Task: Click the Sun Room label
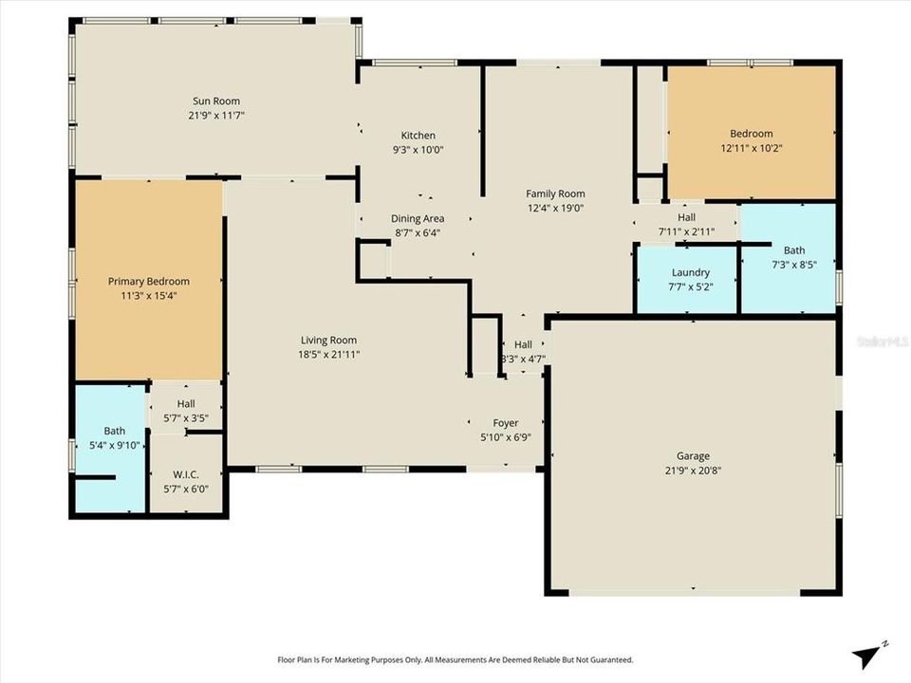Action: coord(216,101)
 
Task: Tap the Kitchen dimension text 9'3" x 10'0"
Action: coord(418,150)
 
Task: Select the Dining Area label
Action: coord(418,218)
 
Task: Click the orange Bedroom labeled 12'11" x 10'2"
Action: coord(751,134)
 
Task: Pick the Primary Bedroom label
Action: coord(148,282)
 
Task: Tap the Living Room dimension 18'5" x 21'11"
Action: coord(328,354)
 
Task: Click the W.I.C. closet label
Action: coord(185,475)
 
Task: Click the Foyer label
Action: coord(505,423)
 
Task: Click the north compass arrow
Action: coord(865,653)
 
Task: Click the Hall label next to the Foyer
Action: coord(523,344)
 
